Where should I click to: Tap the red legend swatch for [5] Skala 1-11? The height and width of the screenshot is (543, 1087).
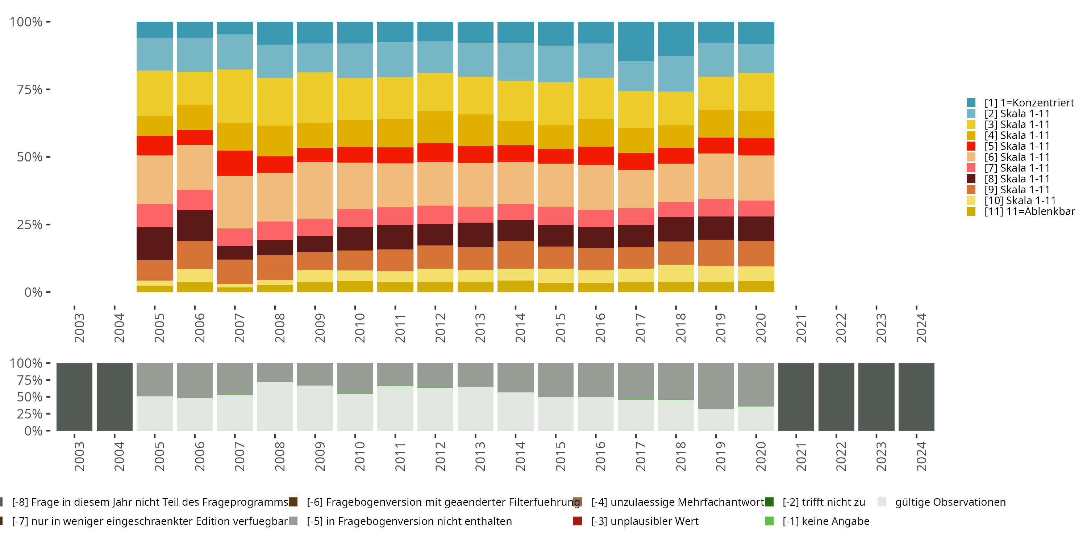(x=971, y=146)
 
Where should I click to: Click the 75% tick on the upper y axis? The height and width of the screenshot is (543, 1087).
(x=30, y=89)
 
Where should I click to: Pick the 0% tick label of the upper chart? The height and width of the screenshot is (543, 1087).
(x=33, y=292)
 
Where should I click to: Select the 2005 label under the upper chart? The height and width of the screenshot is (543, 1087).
(x=159, y=328)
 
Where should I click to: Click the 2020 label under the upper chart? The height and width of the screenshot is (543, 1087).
(x=761, y=328)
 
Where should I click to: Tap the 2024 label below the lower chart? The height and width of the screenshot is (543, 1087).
(x=921, y=456)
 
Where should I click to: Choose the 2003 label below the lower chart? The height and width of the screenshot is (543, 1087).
(x=79, y=456)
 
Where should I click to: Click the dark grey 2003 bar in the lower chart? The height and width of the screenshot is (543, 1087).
(x=74, y=397)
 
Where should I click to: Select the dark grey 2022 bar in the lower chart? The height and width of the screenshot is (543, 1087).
(x=836, y=397)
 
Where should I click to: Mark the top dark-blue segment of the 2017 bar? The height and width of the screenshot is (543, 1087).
(x=636, y=41)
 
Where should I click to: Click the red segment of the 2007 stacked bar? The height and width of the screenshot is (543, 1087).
(x=235, y=163)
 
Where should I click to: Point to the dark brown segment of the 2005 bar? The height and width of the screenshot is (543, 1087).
(x=154, y=244)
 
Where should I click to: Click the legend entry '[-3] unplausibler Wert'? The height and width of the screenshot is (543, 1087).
(x=644, y=522)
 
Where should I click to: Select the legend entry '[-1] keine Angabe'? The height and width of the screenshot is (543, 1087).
(x=825, y=522)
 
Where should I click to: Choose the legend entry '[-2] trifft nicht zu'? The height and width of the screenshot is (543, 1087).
(x=823, y=502)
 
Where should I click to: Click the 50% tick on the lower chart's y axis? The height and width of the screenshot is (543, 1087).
(x=30, y=397)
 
